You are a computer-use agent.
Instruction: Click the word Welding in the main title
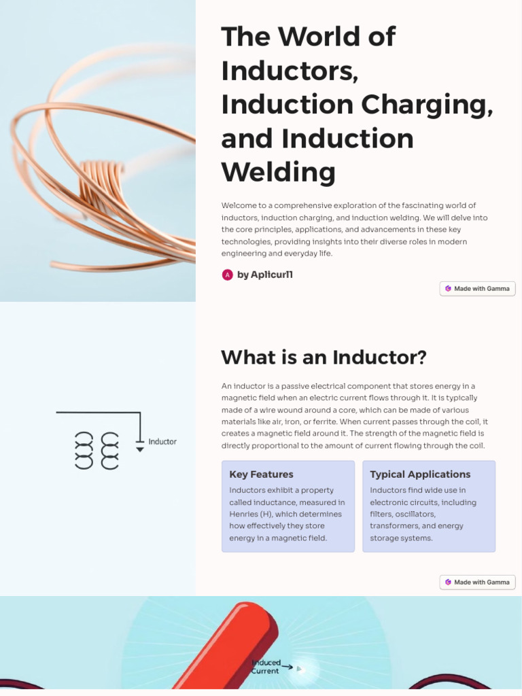pyautogui.click(x=279, y=172)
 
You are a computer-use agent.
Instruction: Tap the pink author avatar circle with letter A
pyautogui.click(x=228, y=275)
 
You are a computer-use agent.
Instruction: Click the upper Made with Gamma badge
pyautogui.click(x=477, y=289)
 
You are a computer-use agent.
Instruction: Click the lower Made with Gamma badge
pyautogui.click(x=477, y=582)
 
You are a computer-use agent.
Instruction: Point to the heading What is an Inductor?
pyautogui.click(x=324, y=358)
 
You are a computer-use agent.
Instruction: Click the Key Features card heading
pyautogui.click(x=262, y=474)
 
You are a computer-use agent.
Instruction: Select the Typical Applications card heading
pyautogui.click(x=420, y=474)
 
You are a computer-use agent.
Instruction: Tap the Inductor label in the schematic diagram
pyautogui.click(x=162, y=442)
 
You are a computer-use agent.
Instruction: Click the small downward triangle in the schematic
pyautogui.click(x=140, y=450)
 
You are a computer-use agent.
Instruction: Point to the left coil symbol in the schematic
pyautogui.click(x=83, y=450)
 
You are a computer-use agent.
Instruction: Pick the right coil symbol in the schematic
pyautogui.click(x=110, y=450)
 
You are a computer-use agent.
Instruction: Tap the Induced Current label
pyautogui.click(x=266, y=667)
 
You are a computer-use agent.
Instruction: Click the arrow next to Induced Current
pyautogui.click(x=288, y=667)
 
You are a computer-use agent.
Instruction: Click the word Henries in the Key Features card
pyautogui.click(x=244, y=515)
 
